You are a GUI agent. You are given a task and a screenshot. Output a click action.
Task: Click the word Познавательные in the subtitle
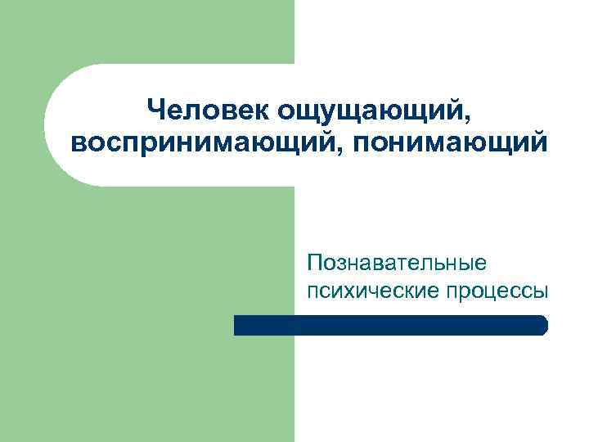tap(396, 264)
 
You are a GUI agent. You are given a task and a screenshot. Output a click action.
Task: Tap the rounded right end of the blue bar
tap(542, 325)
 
